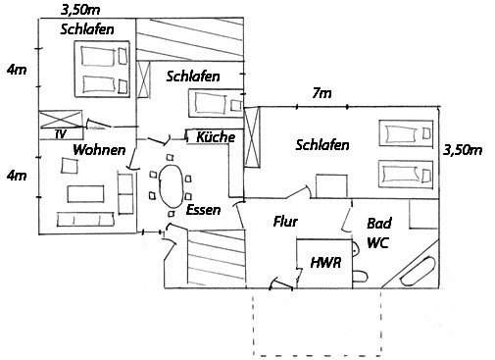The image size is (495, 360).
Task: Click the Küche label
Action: (x=216, y=137)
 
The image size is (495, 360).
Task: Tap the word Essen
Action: (x=203, y=210)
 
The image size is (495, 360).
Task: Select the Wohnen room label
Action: (x=99, y=150)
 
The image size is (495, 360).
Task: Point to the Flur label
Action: (x=285, y=222)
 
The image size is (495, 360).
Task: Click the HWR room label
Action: (x=325, y=263)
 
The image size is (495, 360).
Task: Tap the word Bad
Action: (x=379, y=224)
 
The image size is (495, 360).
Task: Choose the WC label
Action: (x=377, y=243)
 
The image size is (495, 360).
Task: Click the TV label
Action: (x=61, y=134)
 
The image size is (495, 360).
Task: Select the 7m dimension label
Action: (x=322, y=93)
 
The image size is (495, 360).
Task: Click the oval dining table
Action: (x=171, y=185)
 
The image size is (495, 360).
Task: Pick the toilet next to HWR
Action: (x=360, y=277)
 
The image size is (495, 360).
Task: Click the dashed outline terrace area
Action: (x=317, y=355)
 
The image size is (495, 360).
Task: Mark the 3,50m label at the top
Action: (x=80, y=10)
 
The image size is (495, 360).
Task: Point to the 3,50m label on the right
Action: (x=463, y=150)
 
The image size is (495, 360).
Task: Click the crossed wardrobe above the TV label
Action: (x=61, y=119)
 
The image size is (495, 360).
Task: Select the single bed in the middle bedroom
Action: (x=216, y=103)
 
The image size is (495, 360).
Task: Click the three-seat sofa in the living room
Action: (x=85, y=220)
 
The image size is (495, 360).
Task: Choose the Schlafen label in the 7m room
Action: (x=322, y=145)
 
